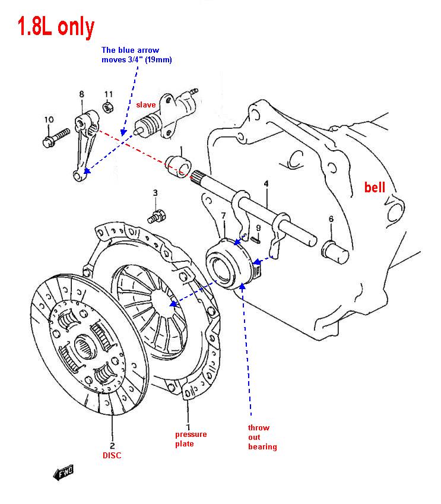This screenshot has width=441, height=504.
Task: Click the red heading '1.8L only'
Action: (x=56, y=27)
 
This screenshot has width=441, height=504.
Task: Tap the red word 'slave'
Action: (x=145, y=105)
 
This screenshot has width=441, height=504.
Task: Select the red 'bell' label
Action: (x=375, y=187)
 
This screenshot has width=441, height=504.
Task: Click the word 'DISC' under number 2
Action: (x=112, y=455)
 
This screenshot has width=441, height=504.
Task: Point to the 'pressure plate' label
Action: (x=191, y=439)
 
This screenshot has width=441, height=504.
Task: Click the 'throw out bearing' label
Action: (x=262, y=437)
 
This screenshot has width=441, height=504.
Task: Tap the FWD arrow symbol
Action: (x=64, y=473)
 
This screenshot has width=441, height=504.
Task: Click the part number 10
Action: (x=49, y=119)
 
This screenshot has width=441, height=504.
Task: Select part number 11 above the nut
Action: (x=109, y=94)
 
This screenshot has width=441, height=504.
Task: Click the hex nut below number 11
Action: (x=107, y=107)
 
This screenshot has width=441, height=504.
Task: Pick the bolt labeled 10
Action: (x=56, y=138)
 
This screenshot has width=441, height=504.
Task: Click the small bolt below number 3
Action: (x=157, y=216)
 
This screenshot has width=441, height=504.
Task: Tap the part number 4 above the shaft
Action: (x=266, y=184)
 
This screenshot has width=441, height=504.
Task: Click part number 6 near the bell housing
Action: (x=331, y=219)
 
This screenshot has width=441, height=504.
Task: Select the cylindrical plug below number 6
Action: (x=335, y=252)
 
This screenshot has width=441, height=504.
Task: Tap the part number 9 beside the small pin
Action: (x=258, y=227)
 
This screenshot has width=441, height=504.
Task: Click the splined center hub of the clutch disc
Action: (x=85, y=347)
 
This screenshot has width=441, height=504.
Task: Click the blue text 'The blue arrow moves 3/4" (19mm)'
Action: (x=137, y=55)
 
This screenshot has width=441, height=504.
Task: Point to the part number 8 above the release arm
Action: (x=82, y=94)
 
